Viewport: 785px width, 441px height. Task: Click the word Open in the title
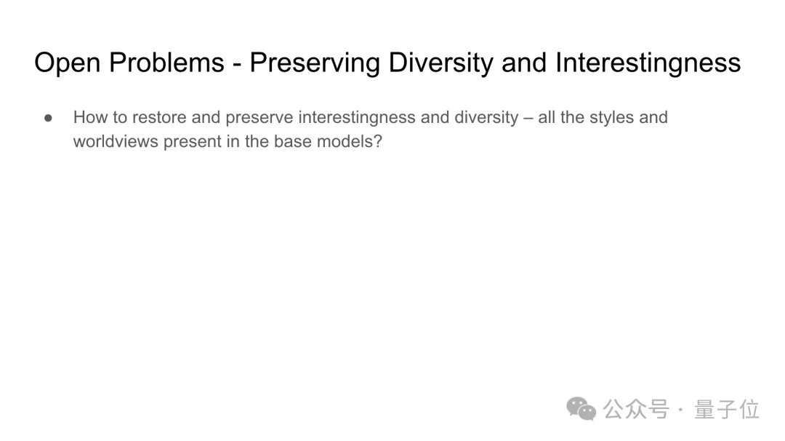[x=68, y=63]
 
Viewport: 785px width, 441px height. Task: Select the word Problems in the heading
[x=166, y=63]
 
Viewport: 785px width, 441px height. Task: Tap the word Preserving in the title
[x=315, y=63]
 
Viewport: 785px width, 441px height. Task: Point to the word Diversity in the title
[x=441, y=63]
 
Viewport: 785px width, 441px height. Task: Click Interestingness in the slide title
[x=648, y=63]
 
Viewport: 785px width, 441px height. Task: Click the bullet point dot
[x=48, y=119]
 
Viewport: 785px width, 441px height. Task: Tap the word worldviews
[x=116, y=141]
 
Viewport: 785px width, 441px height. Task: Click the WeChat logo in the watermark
[x=581, y=409]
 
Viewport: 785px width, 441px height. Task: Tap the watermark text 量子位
[x=727, y=410]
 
